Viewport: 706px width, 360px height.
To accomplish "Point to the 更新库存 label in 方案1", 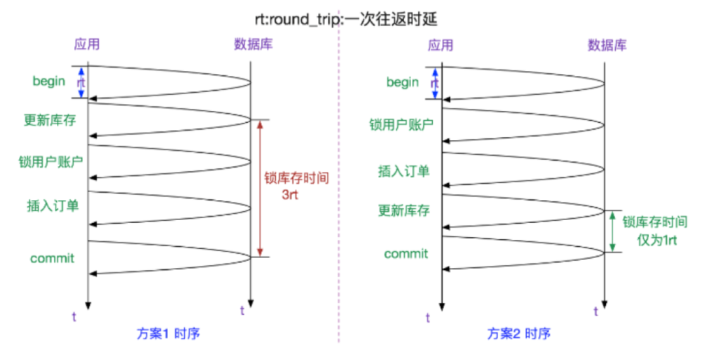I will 49,121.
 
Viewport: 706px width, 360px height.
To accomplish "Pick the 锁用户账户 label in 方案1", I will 49,161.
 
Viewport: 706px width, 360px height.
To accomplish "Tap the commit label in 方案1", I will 52,258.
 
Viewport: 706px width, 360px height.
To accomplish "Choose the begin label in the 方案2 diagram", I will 403,82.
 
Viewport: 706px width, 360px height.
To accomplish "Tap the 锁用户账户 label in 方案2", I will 406,123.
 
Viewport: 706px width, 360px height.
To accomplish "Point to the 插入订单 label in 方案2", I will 404,171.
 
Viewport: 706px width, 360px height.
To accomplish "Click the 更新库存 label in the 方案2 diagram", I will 404,210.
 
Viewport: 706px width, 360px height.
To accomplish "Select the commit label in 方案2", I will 406,254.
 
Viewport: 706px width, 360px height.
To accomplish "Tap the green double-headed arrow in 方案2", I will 613,231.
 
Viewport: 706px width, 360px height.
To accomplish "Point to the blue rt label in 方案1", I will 81,83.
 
